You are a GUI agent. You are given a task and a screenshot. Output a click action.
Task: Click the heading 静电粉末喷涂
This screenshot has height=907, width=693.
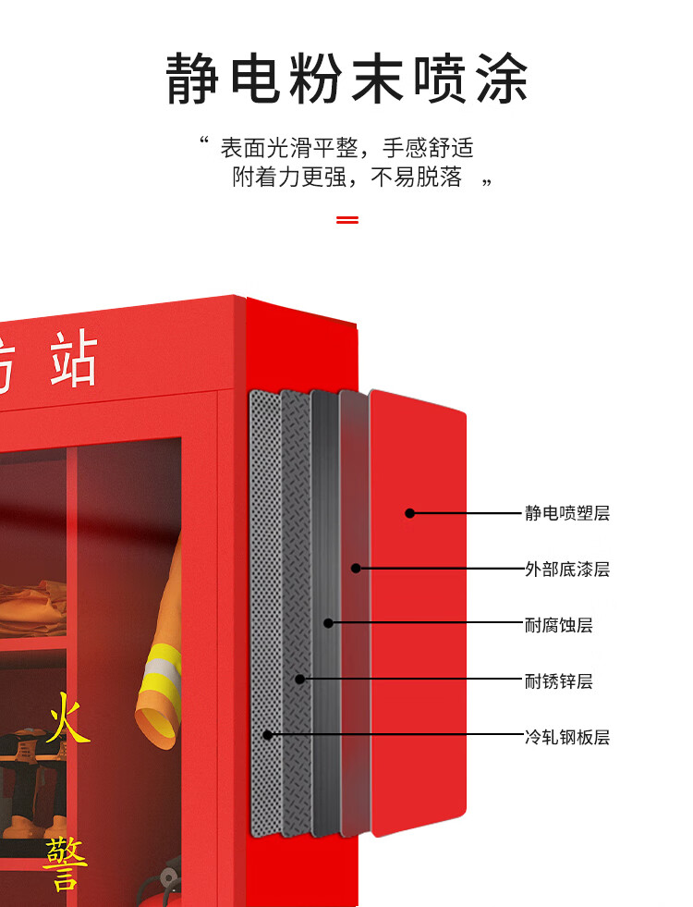(x=346, y=79)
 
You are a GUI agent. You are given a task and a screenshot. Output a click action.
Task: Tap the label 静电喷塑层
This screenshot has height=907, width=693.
(x=567, y=513)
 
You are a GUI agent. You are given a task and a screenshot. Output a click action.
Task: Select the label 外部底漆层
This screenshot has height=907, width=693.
(x=567, y=570)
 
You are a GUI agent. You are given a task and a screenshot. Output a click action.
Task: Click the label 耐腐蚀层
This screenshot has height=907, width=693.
(x=558, y=625)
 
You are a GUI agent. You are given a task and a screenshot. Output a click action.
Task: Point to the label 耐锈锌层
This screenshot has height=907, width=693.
(x=558, y=681)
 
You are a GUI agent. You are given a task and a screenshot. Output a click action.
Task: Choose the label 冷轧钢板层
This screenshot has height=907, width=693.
(x=567, y=738)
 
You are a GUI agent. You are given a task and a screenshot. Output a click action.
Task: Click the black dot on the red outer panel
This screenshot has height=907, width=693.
(x=410, y=513)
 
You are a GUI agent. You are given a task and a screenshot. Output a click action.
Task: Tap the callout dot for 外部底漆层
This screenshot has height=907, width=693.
(x=356, y=569)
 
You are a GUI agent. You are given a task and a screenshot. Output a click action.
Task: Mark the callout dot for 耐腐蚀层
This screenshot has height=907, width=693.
(x=328, y=623)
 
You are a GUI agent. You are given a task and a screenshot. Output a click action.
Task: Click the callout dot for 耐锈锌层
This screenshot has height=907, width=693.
(x=299, y=680)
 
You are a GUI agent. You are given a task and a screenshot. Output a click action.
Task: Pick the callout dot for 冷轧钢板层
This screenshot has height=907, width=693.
(x=267, y=735)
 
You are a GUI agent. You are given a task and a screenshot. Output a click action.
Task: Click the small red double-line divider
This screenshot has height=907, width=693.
(x=346, y=220)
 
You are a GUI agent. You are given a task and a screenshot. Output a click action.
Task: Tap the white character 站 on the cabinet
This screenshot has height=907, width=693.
(x=74, y=361)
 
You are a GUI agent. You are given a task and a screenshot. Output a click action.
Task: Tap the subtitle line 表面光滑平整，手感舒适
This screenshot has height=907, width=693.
(x=346, y=147)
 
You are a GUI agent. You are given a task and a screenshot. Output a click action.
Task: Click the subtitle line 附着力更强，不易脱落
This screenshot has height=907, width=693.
(x=346, y=178)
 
